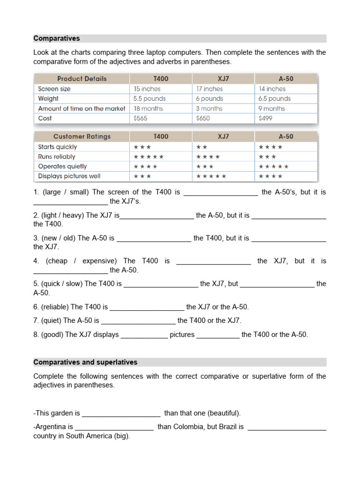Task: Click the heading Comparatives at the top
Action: click(x=57, y=38)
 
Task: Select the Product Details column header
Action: click(x=82, y=79)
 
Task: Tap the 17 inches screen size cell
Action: click(x=210, y=89)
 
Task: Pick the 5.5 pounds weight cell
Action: click(x=150, y=98)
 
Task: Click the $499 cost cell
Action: click(x=265, y=119)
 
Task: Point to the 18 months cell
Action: click(x=149, y=108)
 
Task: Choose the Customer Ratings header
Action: click(x=82, y=136)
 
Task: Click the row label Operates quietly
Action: click(x=62, y=166)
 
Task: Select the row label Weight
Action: click(x=48, y=98)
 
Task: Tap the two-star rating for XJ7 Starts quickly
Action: click(x=202, y=147)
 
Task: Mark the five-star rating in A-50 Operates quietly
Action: click(x=273, y=166)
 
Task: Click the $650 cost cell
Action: click(x=203, y=119)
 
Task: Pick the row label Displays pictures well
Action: click(x=69, y=176)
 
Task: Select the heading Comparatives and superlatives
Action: click(x=85, y=362)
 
